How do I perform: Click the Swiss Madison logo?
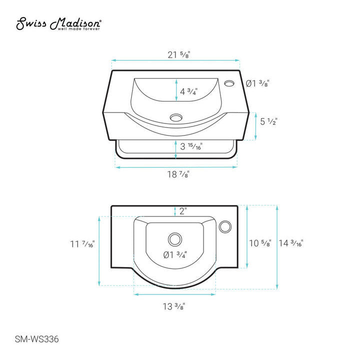coord(58,23)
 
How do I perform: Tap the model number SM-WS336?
coord(36,339)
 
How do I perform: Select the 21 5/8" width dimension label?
coord(179,55)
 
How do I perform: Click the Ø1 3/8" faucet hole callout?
coord(257,83)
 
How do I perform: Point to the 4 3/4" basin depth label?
coord(188,91)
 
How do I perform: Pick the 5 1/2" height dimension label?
coord(268,121)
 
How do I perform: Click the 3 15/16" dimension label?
coord(191,146)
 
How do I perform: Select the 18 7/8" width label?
coord(178,174)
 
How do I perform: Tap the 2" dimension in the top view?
coord(183,211)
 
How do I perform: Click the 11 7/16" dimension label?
coord(82,244)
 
